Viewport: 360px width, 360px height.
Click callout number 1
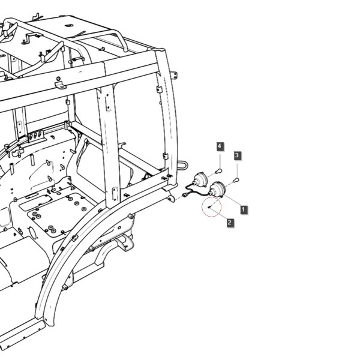244,209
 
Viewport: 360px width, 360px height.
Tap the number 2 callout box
230,222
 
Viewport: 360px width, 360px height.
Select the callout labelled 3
237,155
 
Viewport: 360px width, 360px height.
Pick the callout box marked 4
220,146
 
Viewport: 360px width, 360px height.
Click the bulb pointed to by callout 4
219,171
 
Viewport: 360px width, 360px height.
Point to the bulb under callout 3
236,180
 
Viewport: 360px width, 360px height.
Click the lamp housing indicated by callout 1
217,189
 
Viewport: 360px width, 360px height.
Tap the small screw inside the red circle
209,207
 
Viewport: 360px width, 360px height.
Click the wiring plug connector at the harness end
185,195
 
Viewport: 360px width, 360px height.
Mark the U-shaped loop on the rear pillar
183,165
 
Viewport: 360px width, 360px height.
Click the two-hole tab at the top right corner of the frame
175,75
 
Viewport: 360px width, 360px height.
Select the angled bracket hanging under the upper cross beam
60,85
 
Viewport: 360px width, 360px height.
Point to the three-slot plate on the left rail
35,136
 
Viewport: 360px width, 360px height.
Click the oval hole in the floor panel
33,232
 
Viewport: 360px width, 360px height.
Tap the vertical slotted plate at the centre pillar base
115,194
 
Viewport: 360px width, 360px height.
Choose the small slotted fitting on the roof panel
68,25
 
